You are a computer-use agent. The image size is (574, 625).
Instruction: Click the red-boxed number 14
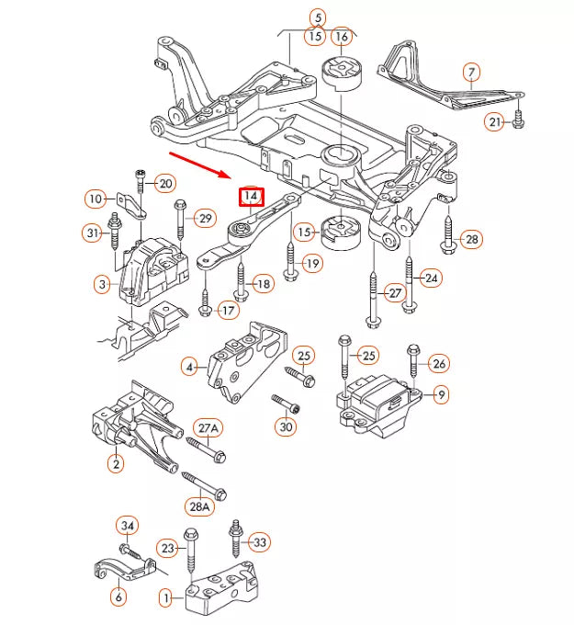point(250,197)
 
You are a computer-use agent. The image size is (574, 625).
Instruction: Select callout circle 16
point(342,37)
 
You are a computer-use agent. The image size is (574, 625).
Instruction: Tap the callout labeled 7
point(470,72)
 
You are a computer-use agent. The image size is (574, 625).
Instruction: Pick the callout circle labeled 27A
point(209,428)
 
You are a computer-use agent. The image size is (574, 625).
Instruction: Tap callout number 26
point(439,364)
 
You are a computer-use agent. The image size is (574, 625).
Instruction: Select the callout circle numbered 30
point(286,426)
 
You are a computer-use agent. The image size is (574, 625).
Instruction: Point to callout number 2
point(116,464)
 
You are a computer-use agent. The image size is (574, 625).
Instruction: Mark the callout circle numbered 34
point(127,525)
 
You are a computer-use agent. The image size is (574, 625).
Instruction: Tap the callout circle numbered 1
point(166,598)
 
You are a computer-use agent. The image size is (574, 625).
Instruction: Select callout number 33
point(260,543)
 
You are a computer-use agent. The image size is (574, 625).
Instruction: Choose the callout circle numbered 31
point(92,233)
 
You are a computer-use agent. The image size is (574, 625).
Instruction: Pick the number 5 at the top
point(317,17)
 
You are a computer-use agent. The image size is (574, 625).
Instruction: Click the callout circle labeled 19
point(312,264)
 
